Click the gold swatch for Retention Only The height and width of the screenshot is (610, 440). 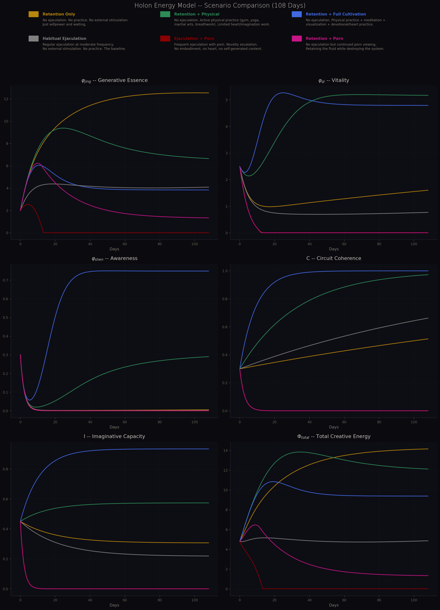pyautogui.click(x=34, y=14)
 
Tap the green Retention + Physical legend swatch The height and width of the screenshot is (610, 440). pyautogui.click(x=165, y=14)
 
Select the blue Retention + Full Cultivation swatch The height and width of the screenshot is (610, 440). pyautogui.click(x=297, y=14)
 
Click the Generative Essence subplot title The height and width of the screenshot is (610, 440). pyautogui.click(x=114, y=80)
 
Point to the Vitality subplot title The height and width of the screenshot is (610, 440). pyautogui.click(x=334, y=80)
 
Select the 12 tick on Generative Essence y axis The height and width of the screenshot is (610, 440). pyautogui.click(x=6, y=99)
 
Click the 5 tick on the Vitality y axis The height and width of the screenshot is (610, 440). pyautogui.click(x=227, y=100)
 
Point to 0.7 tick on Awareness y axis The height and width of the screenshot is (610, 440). pyautogui.click(x=5, y=280)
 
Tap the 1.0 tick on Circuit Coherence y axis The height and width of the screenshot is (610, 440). pyautogui.click(x=225, y=271)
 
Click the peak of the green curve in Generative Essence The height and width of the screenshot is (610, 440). pyautogui.click(x=63, y=128)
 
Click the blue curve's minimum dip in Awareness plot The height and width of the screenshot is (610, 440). pyautogui.click(x=30, y=400)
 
